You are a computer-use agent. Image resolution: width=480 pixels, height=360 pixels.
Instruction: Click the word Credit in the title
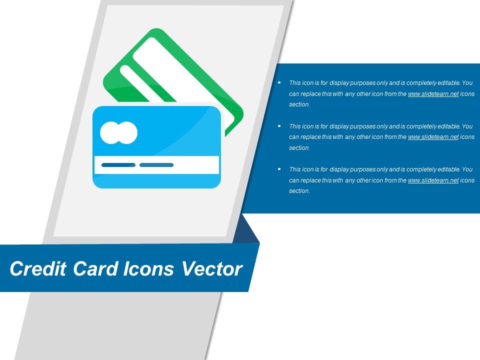tap(38, 269)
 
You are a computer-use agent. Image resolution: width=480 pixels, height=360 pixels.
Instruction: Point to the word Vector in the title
tap(211, 269)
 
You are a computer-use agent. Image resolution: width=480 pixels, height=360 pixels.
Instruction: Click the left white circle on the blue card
tap(110, 132)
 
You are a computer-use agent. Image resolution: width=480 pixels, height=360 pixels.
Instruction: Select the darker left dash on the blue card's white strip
tap(118, 165)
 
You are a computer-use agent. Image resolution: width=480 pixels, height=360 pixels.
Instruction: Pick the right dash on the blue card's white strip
tap(156, 165)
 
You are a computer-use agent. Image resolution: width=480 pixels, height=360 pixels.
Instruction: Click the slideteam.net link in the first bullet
tap(433, 94)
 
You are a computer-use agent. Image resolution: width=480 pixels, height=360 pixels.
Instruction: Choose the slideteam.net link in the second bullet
tap(433, 137)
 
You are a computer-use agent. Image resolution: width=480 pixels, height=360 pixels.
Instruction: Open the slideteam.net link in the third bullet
tap(433, 180)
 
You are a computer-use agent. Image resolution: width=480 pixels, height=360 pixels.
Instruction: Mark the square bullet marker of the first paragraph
tap(279, 82)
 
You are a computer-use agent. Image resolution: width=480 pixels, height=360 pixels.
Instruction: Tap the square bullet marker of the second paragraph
tap(279, 126)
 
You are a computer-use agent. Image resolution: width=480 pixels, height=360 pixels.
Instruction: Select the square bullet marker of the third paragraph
tap(279, 169)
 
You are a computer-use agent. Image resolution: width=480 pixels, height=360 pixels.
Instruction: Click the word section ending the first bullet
tap(299, 105)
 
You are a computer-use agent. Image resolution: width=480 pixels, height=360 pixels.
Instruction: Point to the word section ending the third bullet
tap(299, 191)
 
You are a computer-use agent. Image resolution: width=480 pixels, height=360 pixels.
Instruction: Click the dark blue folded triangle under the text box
tap(248, 230)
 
